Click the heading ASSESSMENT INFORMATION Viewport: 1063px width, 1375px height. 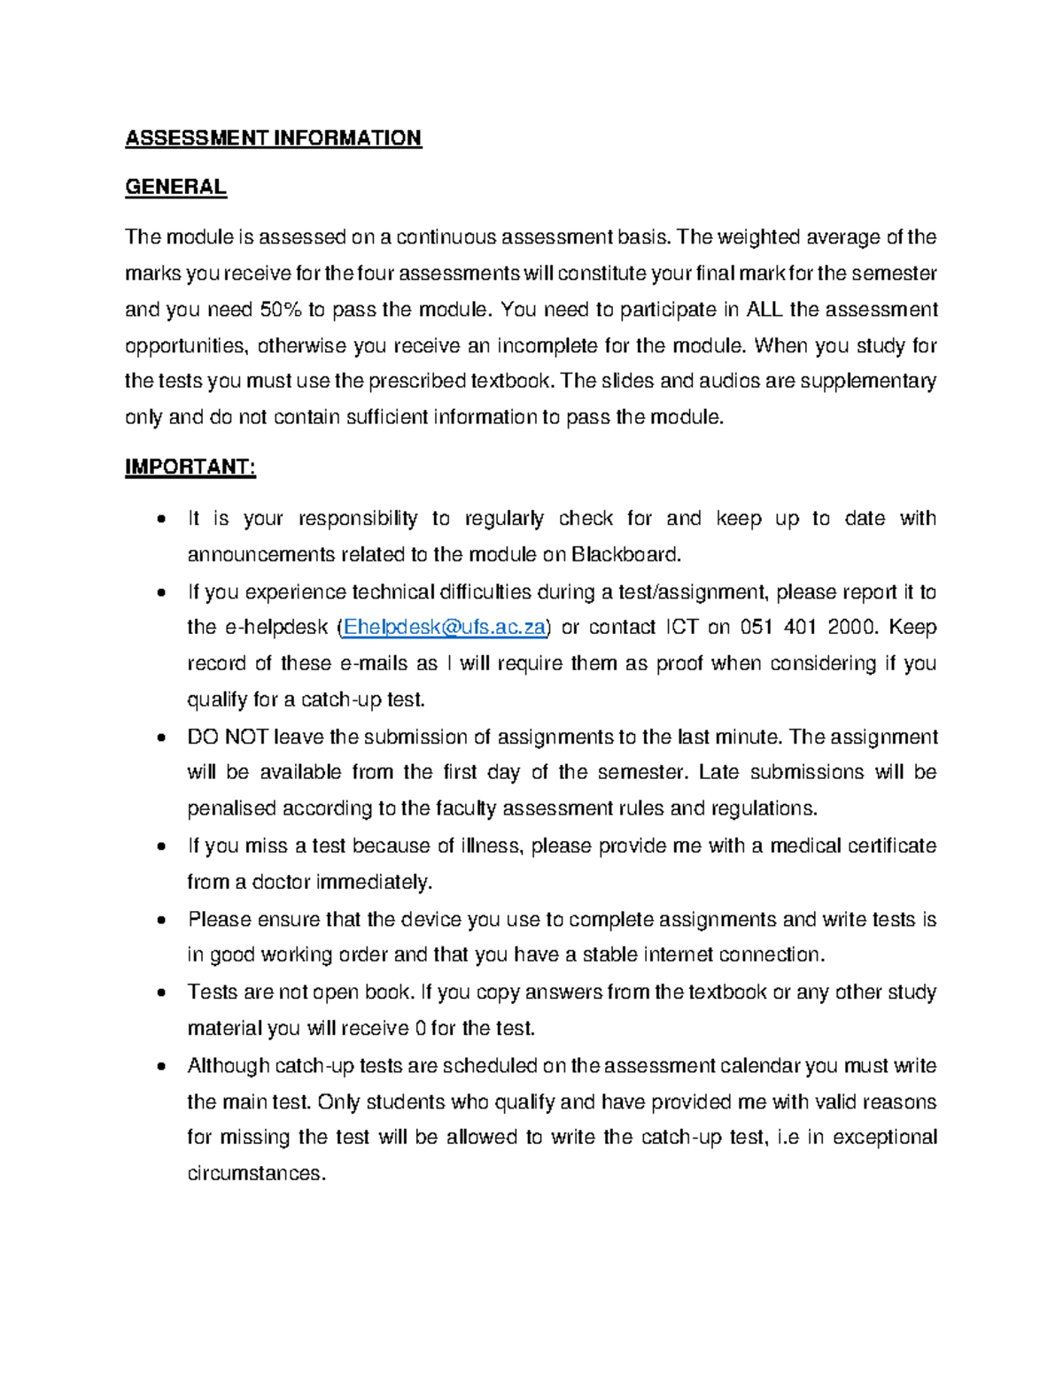(x=273, y=138)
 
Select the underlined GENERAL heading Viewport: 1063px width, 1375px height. (x=175, y=187)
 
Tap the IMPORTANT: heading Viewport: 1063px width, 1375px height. (x=190, y=467)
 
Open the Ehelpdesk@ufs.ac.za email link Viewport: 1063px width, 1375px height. (x=445, y=628)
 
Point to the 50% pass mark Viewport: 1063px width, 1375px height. (x=281, y=310)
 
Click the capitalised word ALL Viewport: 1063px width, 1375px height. (x=764, y=310)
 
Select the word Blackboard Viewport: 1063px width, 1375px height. (x=625, y=555)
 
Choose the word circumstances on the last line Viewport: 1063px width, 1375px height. (x=256, y=1174)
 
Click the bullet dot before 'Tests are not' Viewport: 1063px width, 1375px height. (x=160, y=993)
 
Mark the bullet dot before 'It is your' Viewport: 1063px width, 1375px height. (x=160, y=520)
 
